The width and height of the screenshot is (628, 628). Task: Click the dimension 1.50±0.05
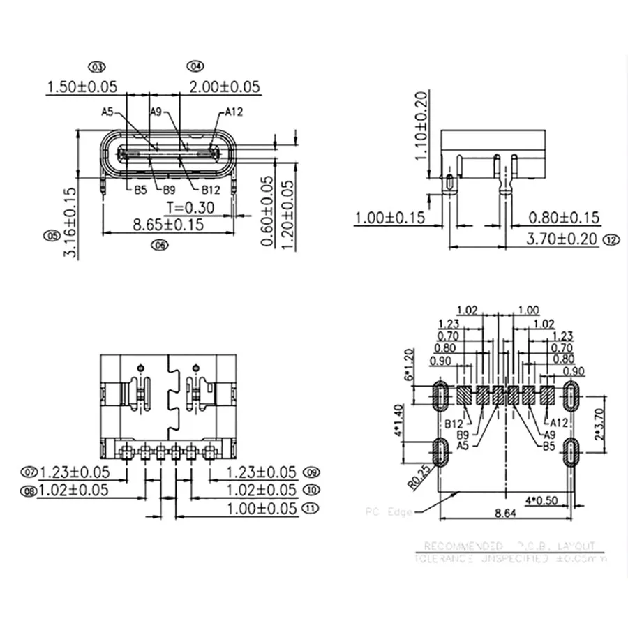81,87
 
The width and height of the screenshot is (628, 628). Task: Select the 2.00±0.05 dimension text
225,87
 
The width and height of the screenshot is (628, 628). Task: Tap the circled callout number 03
96,67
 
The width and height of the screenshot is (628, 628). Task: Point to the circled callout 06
160,245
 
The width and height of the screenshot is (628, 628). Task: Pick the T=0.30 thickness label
190,207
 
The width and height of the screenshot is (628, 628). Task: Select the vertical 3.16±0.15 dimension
68,223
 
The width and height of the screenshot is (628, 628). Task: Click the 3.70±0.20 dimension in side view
562,239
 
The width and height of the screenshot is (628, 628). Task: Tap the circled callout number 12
612,239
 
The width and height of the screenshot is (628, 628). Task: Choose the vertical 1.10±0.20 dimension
420,126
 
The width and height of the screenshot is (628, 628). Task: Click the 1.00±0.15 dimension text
390,218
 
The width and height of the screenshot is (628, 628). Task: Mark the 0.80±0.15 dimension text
564,218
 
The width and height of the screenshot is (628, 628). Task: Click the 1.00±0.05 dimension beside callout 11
262,508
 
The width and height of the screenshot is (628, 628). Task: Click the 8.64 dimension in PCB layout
505,514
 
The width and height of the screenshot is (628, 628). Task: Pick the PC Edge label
388,511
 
